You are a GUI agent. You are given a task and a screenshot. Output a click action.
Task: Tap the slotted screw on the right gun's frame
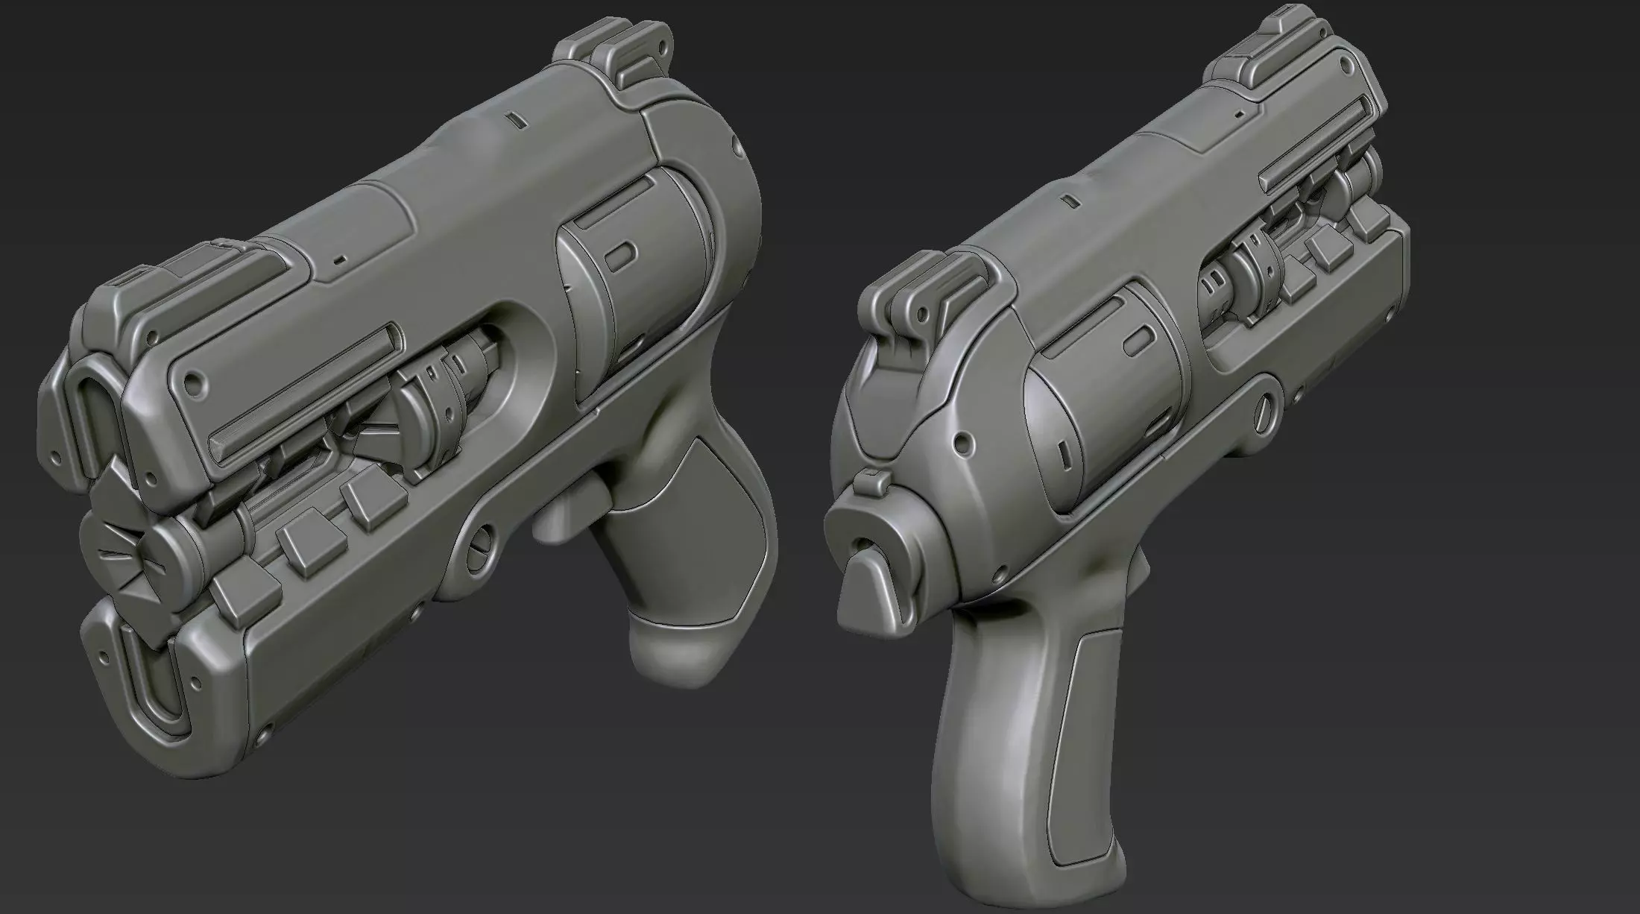click(1263, 412)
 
